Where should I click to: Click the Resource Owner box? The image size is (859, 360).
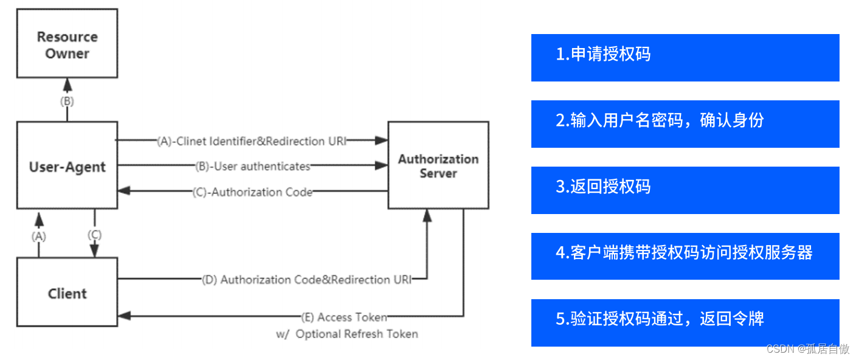click(67, 44)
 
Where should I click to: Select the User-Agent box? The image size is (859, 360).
click(67, 166)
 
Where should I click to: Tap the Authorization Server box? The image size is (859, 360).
click(438, 165)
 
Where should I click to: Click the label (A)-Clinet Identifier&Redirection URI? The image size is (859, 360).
click(252, 141)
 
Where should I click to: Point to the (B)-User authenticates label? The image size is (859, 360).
click(252, 166)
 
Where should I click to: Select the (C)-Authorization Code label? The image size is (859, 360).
click(252, 192)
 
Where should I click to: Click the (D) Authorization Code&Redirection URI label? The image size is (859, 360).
click(306, 280)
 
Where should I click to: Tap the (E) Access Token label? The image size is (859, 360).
click(343, 317)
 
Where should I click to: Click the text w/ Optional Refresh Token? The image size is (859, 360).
click(347, 334)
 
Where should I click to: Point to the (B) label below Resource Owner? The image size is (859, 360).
click(66, 102)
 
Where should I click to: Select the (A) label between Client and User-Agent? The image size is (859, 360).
click(39, 236)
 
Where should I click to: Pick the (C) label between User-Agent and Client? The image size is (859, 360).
click(94, 234)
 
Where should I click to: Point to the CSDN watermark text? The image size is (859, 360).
click(807, 348)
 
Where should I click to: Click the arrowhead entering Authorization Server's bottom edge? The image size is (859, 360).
click(427, 215)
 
